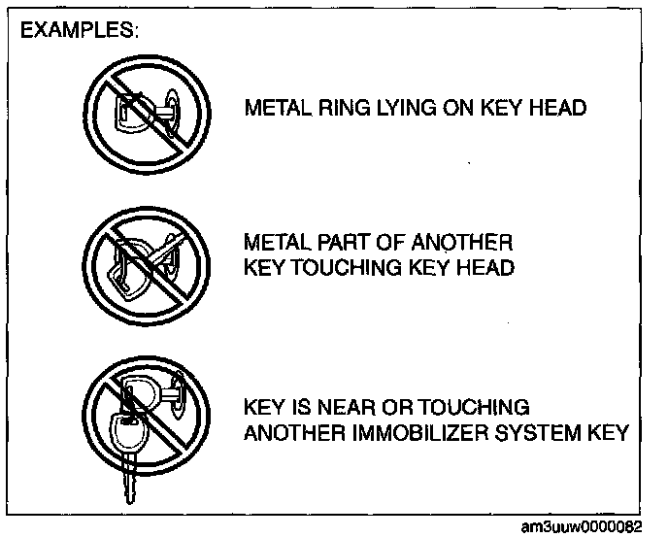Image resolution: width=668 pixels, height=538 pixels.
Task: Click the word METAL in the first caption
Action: coord(276,107)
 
